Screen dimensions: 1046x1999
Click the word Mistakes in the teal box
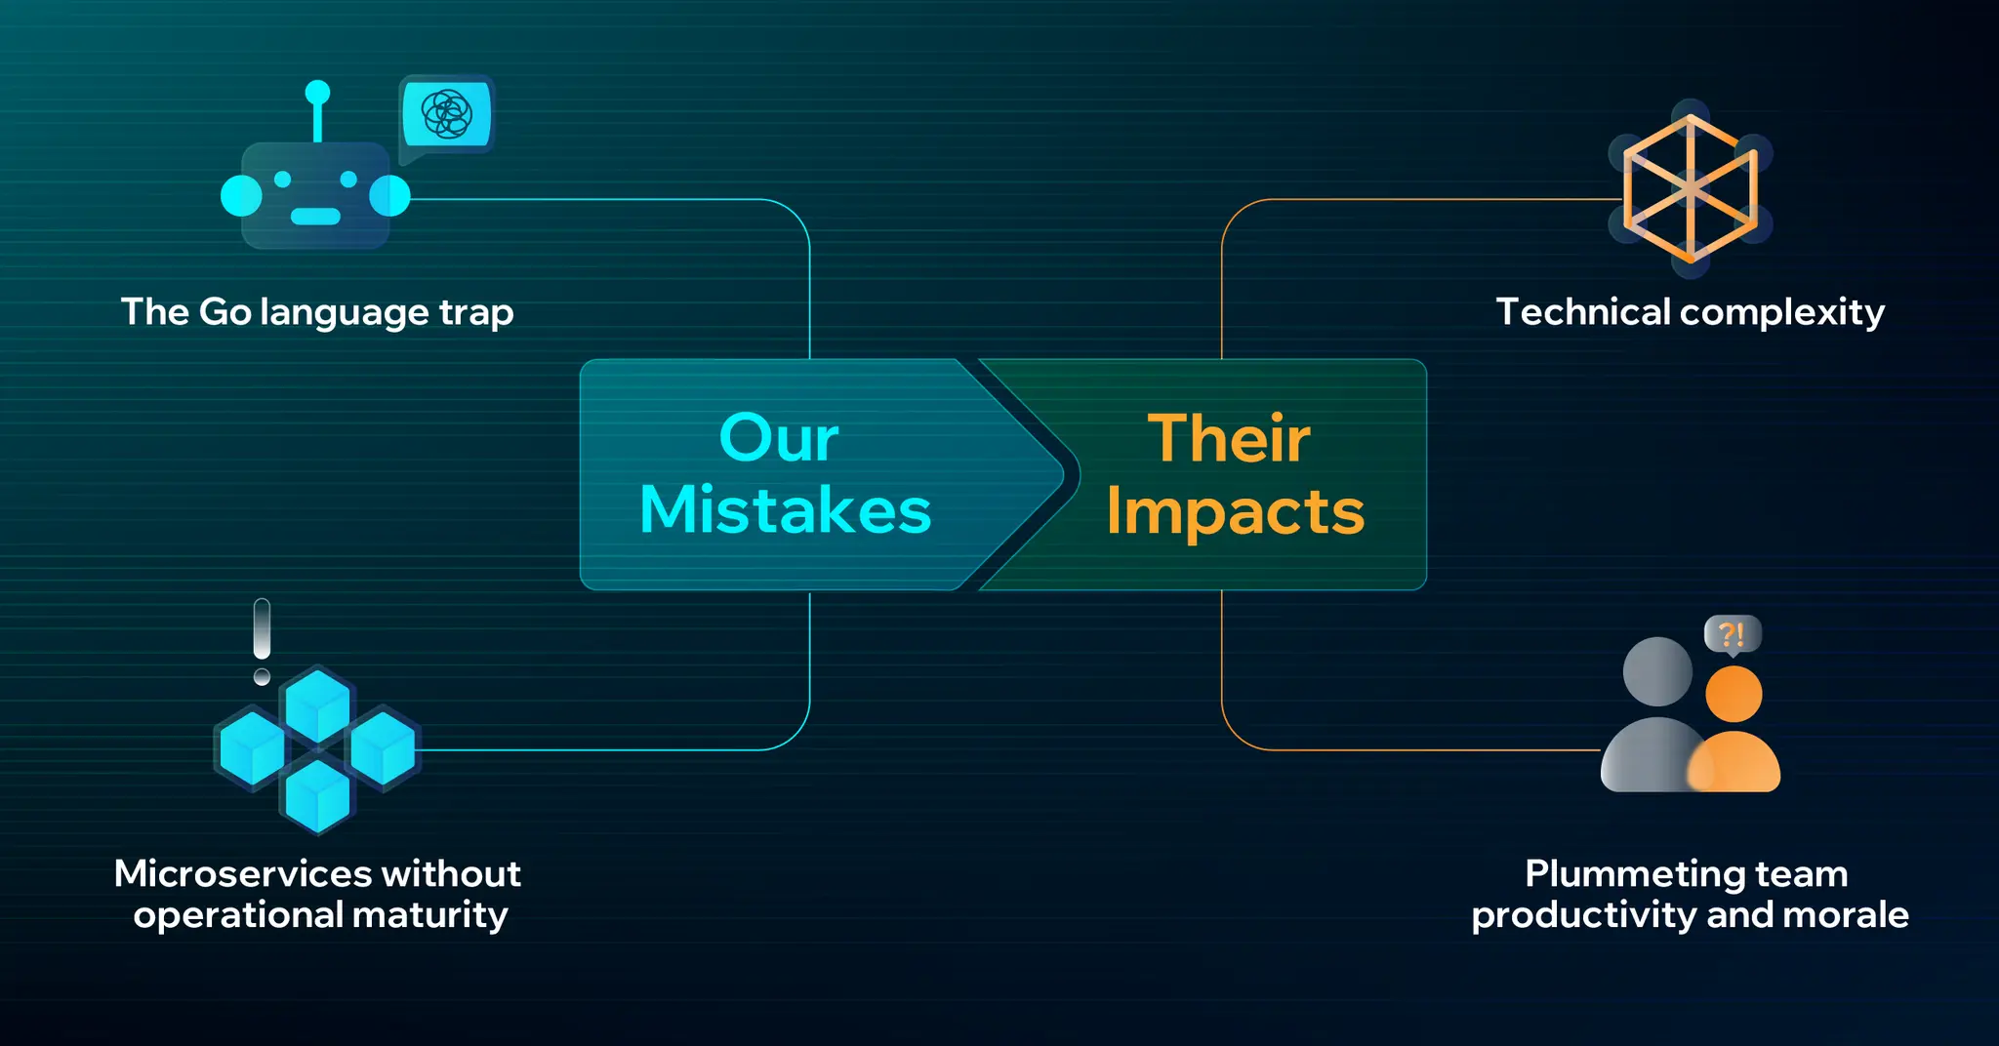tap(785, 510)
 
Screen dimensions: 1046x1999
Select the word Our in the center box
tap(778, 438)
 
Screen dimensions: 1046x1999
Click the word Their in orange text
tap(1228, 439)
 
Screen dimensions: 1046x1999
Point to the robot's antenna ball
tap(317, 93)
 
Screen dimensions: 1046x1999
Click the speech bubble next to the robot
tap(447, 115)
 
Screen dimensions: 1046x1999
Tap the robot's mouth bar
tap(315, 216)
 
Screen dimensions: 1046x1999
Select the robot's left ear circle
tap(241, 195)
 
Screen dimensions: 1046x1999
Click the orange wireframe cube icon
tap(1690, 188)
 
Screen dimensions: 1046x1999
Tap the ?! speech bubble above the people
tap(1732, 635)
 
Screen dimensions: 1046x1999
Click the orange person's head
tap(1734, 694)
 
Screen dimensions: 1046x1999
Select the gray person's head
tap(1656, 671)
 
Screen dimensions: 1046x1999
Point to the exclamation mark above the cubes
tap(262, 640)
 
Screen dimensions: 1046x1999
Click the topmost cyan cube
tap(317, 704)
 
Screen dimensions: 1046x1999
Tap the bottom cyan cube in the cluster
tap(317, 795)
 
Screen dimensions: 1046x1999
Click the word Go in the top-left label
tap(225, 312)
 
